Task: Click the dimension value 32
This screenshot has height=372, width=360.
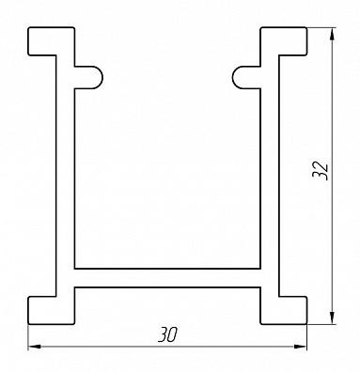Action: (321, 171)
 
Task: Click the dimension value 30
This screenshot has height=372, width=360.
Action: (167, 334)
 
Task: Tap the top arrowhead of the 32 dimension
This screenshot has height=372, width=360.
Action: (332, 35)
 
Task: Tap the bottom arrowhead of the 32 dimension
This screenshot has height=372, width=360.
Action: (332, 318)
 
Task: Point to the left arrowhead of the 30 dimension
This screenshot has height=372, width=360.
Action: (35, 347)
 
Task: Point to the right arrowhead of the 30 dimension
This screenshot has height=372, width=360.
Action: (300, 347)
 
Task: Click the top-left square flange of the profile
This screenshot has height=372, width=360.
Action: (52, 41)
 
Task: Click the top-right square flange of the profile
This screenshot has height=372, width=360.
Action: (284, 41)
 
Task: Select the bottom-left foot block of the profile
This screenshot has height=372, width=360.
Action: (52, 310)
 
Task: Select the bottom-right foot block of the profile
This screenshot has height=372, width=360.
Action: (284, 310)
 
